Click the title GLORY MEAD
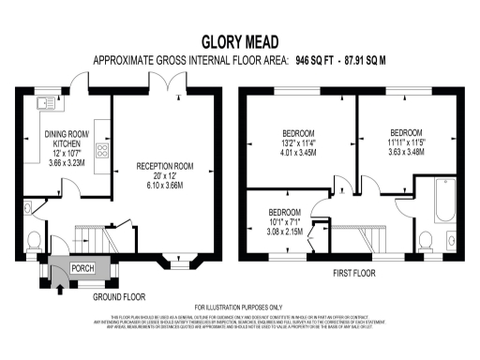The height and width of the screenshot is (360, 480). click(239, 41)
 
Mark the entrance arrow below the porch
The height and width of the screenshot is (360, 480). click(59, 277)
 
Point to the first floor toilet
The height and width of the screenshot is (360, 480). click(427, 239)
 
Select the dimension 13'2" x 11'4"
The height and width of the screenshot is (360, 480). click(300, 142)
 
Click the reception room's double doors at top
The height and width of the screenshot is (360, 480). click(168, 89)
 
